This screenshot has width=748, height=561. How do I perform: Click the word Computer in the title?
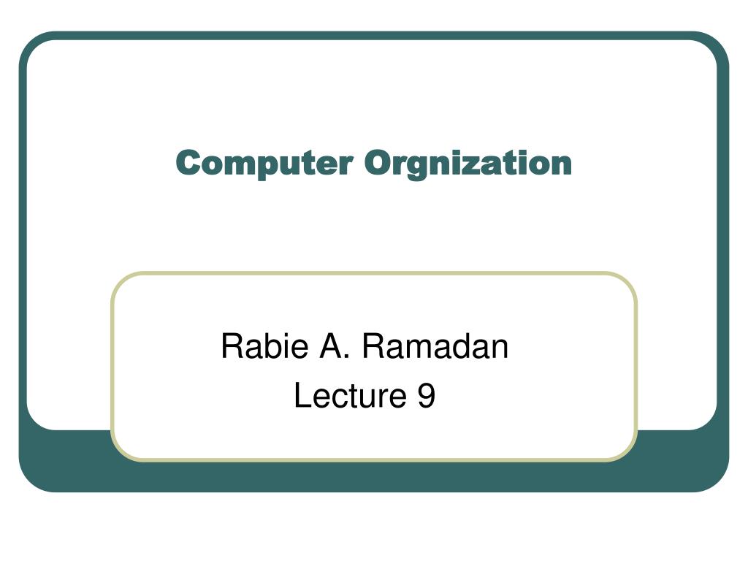[x=264, y=163]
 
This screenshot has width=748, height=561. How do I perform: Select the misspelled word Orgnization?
[x=468, y=164]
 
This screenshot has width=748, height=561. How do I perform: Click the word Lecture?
[x=350, y=395]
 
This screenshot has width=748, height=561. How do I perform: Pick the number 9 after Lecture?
[x=426, y=395]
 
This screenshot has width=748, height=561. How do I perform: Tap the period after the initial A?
[x=347, y=356]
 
